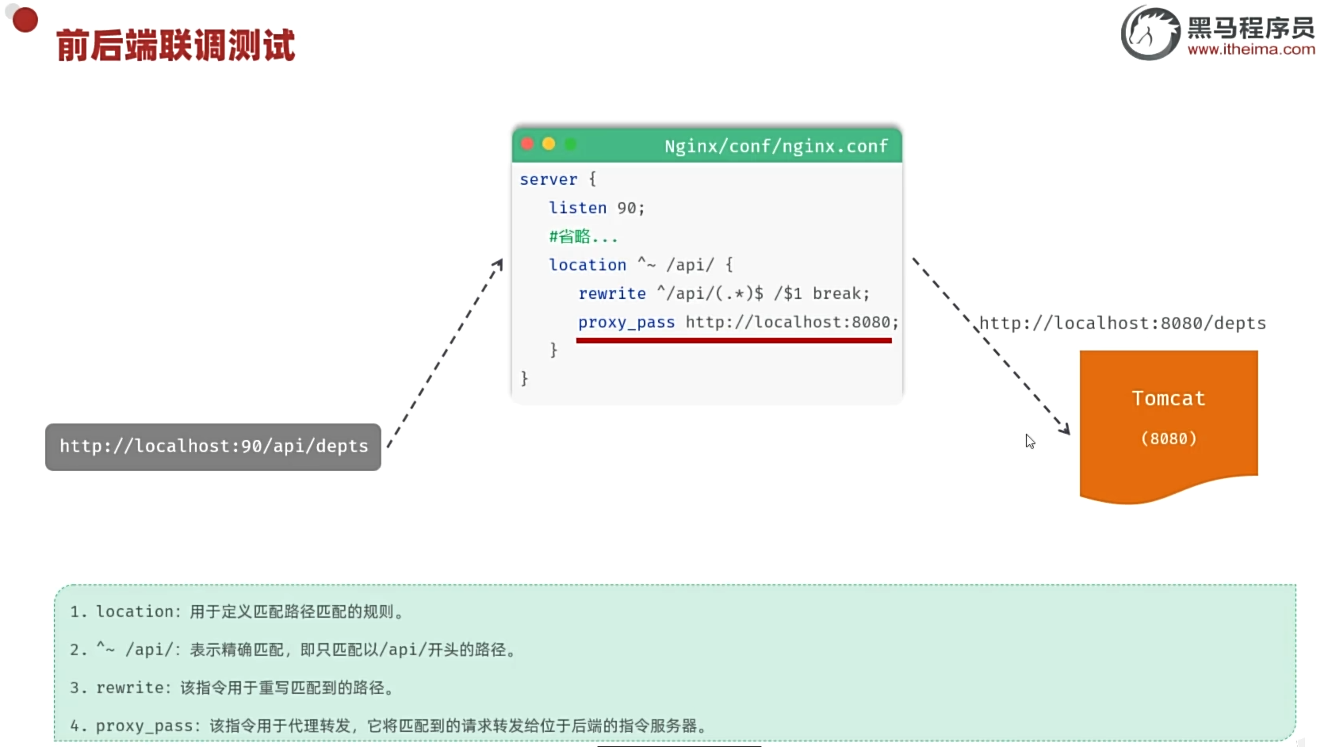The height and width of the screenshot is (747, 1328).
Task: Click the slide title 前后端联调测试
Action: pyautogui.click(x=175, y=45)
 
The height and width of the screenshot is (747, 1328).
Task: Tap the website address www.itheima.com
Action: pyautogui.click(x=1251, y=49)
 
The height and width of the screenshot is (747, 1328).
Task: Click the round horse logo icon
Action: pyautogui.click(x=1150, y=33)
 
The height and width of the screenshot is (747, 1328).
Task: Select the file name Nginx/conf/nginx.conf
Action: pyautogui.click(x=775, y=147)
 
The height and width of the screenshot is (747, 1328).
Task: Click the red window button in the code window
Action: pyautogui.click(x=527, y=144)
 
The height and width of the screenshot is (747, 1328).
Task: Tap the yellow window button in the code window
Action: pyautogui.click(x=549, y=144)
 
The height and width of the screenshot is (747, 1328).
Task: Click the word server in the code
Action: pyautogui.click(x=549, y=180)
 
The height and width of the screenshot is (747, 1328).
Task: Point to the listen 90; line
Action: pyautogui.click(x=596, y=209)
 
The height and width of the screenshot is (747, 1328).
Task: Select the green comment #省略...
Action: pyautogui.click(x=582, y=237)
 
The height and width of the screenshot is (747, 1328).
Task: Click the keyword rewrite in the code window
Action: pyautogui.click(x=612, y=294)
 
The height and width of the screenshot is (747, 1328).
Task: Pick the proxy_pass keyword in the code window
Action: pyautogui.click(x=626, y=323)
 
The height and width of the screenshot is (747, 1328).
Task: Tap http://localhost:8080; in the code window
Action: pyautogui.click(x=792, y=323)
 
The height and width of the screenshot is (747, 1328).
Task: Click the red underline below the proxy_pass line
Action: pyautogui.click(x=733, y=340)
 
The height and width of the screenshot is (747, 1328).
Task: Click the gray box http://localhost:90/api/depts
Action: pyautogui.click(x=213, y=446)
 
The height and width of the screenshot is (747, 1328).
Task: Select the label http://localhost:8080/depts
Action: pyautogui.click(x=1123, y=324)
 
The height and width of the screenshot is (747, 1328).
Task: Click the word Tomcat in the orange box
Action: pyautogui.click(x=1168, y=399)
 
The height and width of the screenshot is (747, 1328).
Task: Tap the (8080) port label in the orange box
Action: pyautogui.click(x=1168, y=439)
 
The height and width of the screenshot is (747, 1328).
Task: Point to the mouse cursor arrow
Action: pyautogui.click(x=1030, y=441)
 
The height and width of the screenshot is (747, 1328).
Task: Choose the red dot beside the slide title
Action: pyautogui.click(x=25, y=20)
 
